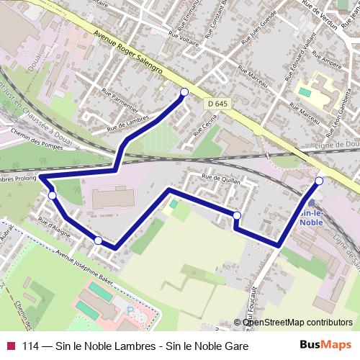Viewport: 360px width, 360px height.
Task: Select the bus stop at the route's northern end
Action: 184,92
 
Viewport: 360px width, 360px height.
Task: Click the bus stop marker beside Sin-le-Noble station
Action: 319,181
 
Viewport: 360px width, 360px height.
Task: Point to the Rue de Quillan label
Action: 220,180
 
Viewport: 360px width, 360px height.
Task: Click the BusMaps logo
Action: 325,346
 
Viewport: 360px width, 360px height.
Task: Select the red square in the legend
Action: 10,346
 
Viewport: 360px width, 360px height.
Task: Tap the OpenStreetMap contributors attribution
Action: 297,322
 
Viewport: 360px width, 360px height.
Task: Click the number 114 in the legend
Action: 30,346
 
